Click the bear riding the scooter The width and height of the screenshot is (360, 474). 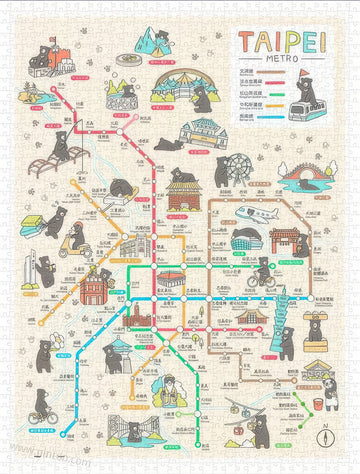[74, 238]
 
